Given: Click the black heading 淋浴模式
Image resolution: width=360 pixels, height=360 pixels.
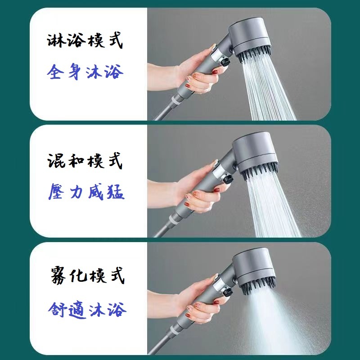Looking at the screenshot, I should pos(85,42).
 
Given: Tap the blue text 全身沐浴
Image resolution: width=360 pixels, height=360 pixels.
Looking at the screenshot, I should pos(85,72).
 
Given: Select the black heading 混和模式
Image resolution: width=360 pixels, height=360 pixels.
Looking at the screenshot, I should pos(85,161).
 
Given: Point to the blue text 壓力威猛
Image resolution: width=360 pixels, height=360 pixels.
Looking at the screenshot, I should pos(85,193).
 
